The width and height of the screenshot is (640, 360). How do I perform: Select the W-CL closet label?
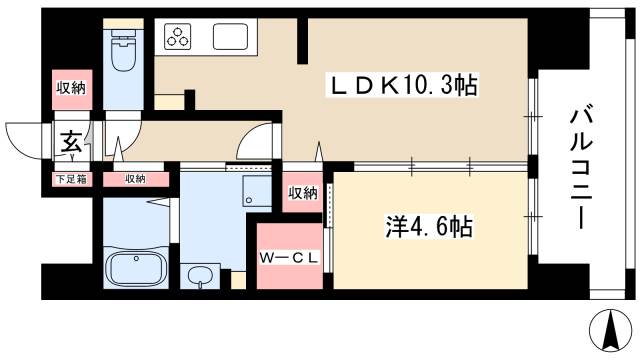coord(290,258)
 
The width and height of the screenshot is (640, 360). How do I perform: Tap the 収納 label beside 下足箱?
coord(135,180)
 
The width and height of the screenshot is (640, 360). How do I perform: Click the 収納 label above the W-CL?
coord(303,193)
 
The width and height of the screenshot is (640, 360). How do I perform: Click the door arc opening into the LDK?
coord(258,140)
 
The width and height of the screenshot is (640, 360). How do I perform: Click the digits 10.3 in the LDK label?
coord(420,88)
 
